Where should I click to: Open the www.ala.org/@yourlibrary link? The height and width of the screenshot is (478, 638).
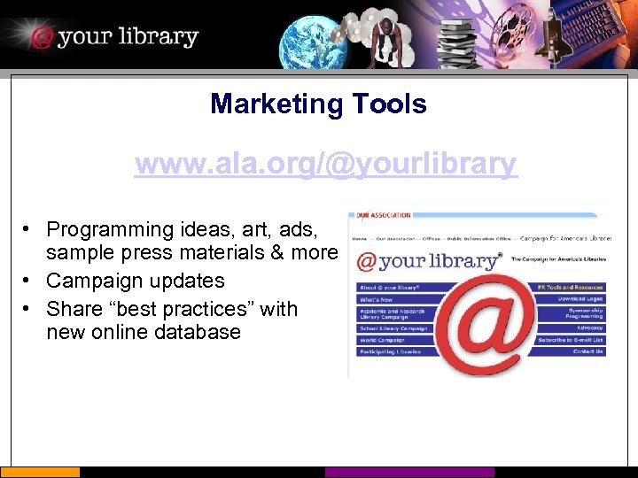tap(325, 164)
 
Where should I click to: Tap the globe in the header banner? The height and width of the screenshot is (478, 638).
tap(314, 41)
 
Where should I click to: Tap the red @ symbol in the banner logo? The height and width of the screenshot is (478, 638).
tap(41, 37)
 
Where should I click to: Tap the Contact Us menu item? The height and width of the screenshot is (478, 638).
tap(587, 351)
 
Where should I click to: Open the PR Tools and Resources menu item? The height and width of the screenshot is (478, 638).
tap(571, 287)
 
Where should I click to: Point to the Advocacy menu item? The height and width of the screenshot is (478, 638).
tap(588, 328)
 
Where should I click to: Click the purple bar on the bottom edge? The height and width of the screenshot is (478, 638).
tap(408, 473)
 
